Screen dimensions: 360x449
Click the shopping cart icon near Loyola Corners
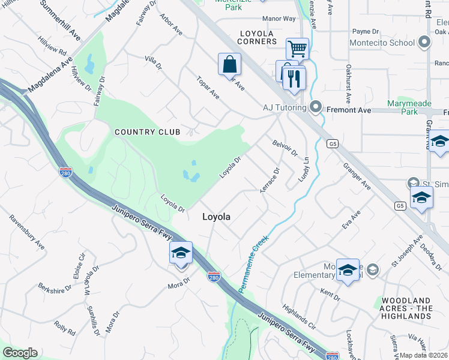point(297,48)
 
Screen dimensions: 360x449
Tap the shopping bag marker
point(230,64)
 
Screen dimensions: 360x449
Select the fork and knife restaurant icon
point(294,78)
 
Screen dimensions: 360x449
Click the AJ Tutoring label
point(285,109)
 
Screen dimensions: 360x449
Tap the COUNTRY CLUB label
point(143,132)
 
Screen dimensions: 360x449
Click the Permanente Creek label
point(253,264)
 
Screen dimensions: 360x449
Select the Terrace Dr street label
point(270,179)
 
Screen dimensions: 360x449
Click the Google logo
point(20,353)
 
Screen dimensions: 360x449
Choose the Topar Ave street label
point(208,88)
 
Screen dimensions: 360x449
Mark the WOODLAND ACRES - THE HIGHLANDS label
point(406,308)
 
